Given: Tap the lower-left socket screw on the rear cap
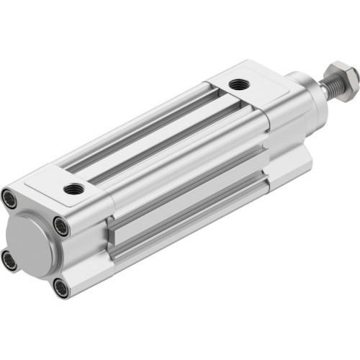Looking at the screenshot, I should coord(9,260).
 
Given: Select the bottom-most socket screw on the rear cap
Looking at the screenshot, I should coord(62,289).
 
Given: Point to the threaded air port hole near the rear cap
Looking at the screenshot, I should coord(73,189).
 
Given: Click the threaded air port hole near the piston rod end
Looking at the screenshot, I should coord(238,85).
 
